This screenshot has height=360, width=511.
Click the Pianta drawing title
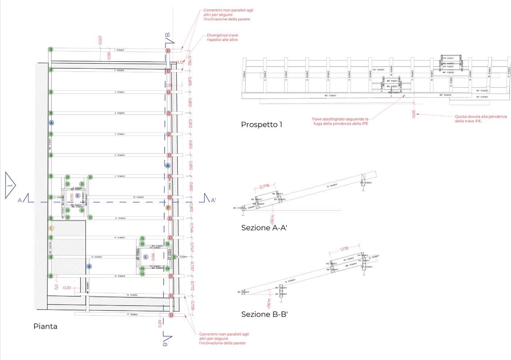tap(45, 326)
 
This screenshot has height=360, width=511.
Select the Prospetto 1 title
tap(262, 125)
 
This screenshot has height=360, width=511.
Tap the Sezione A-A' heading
tap(264, 228)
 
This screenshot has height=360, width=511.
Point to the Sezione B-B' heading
tap(264, 314)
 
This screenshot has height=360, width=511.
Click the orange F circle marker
tap(168, 208)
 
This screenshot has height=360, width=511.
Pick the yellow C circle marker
tap(51, 228)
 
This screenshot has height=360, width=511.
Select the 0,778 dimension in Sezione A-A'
tap(264, 186)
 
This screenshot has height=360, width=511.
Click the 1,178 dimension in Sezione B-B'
tap(344, 249)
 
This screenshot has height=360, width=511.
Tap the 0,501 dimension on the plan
tap(101, 40)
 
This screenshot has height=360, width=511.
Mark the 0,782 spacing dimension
tap(189, 60)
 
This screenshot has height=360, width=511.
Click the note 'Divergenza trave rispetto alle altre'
tap(222, 37)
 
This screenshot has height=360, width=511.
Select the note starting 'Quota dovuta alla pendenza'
tap(481, 119)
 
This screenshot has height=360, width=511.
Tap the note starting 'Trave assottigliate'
tap(340, 121)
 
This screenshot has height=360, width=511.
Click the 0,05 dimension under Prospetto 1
tap(414, 114)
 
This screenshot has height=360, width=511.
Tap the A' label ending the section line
tap(213, 200)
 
